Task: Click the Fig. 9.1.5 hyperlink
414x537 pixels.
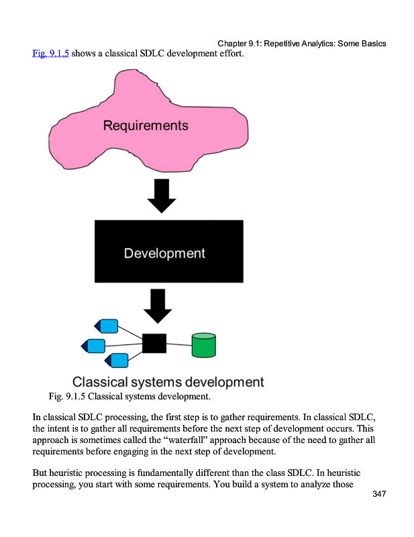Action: click(x=50, y=53)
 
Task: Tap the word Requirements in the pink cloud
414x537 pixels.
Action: click(x=146, y=126)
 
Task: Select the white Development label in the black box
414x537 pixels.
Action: click(x=164, y=253)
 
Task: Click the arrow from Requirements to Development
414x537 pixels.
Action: click(x=161, y=194)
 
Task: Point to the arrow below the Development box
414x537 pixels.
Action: click(x=158, y=305)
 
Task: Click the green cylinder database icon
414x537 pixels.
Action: click(x=204, y=345)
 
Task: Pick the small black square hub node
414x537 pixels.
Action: click(x=154, y=343)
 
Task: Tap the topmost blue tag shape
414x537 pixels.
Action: click(x=107, y=327)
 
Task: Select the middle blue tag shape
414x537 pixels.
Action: click(x=94, y=346)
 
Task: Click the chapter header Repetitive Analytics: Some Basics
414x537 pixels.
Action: click(x=325, y=44)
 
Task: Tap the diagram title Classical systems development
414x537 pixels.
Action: click(x=168, y=383)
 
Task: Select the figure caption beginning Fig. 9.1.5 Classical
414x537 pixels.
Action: click(x=130, y=397)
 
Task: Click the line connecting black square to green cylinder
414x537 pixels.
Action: click(x=179, y=344)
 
